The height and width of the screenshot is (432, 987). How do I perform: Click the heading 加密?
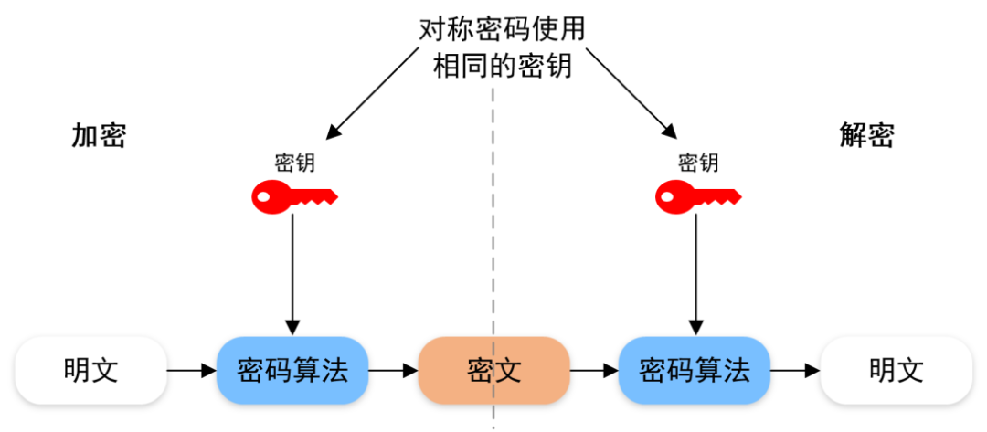tap(99, 135)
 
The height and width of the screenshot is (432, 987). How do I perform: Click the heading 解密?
tap(866, 135)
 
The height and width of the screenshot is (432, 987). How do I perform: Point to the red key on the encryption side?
tap(293, 195)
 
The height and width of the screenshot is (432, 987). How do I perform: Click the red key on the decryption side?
tap(697, 195)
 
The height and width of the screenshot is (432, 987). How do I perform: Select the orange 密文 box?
tap(493, 370)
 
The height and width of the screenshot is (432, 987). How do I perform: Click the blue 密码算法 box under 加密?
tap(292, 370)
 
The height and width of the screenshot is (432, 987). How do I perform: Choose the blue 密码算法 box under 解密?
tap(695, 370)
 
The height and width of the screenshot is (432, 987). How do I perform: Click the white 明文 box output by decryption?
tap(896, 370)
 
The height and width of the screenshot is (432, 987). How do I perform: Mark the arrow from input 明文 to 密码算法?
tap(191, 371)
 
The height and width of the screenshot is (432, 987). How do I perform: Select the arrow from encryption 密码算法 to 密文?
tap(392, 371)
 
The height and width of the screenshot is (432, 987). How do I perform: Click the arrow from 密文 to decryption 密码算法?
tap(593, 371)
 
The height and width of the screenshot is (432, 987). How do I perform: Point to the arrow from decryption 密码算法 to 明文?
tap(794, 371)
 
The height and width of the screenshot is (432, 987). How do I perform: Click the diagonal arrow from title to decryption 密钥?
tap(631, 91)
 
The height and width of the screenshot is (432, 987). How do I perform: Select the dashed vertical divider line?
tap(493, 228)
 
